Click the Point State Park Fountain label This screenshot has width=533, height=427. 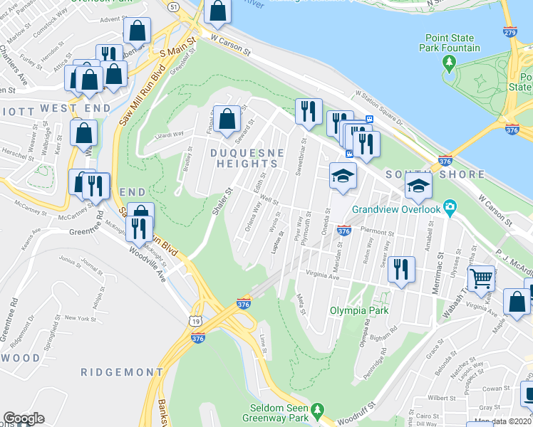click(462, 43)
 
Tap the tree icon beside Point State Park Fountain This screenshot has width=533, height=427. click(450, 63)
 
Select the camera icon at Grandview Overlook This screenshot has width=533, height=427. click(450, 209)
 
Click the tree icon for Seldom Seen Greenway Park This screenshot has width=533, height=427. click(318, 411)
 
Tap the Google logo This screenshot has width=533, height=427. click(24, 418)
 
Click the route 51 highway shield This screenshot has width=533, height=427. click(173, 6)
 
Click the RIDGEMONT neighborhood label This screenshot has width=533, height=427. click(121, 372)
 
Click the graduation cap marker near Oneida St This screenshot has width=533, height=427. click(343, 175)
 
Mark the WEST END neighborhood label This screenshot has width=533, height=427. click(76, 108)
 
